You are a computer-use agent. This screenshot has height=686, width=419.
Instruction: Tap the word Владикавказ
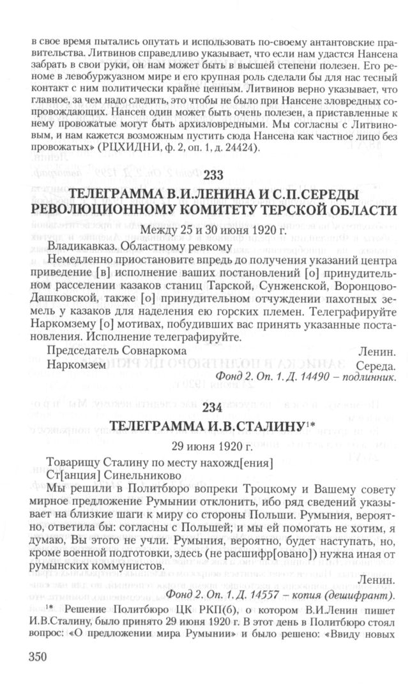pos(81,244)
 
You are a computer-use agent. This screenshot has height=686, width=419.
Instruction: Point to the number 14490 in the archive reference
pos(312,377)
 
